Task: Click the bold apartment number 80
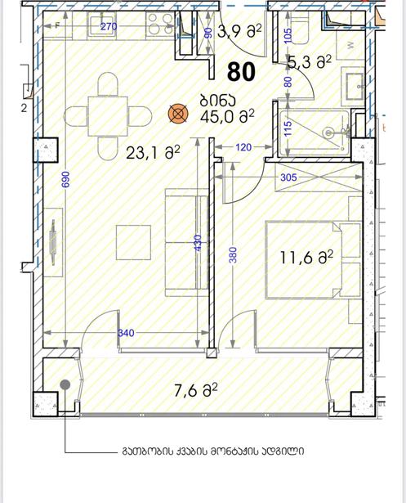[x=241, y=72]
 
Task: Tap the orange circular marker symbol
[x=178, y=114]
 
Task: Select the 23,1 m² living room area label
[x=154, y=152]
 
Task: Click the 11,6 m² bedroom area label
[x=306, y=258]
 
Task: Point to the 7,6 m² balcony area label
[x=196, y=390]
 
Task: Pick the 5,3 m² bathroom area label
[x=310, y=61]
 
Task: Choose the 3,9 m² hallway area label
[x=239, y=31]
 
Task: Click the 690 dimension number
[x=65, y=180]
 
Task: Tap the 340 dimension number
[x=126, y=333]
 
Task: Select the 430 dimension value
[x=198, y=243]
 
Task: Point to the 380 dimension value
[x=234, y=254]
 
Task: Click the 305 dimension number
[x=288, y=177]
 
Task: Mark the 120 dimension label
[x=243, y=147]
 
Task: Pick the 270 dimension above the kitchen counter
[x=109, y=26]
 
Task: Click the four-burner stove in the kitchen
[x=160, y=24]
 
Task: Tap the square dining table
[x=108, y=116]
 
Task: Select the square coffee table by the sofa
[x=133, y=243]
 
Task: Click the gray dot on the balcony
[x=65, y=384]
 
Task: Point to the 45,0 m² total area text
[x=227, y=116]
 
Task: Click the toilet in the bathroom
[x=301, y=29]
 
